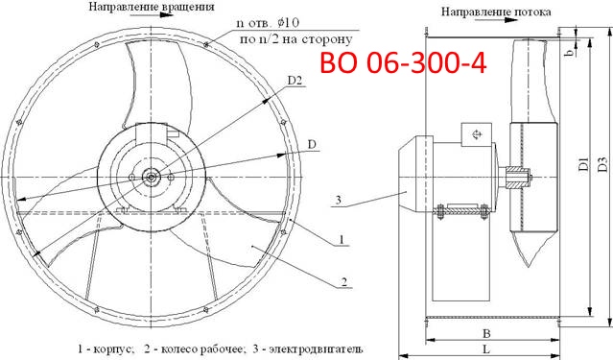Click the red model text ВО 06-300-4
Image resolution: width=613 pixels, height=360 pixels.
click(x=403, y=64)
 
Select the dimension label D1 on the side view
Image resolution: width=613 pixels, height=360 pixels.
click(x=582, y=166)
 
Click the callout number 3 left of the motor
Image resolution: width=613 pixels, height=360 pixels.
click(x=338, y=200)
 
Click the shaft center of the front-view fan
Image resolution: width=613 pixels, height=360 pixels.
click(x=151, y=176)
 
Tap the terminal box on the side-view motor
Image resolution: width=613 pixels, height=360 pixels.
click(x=475, y=136)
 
